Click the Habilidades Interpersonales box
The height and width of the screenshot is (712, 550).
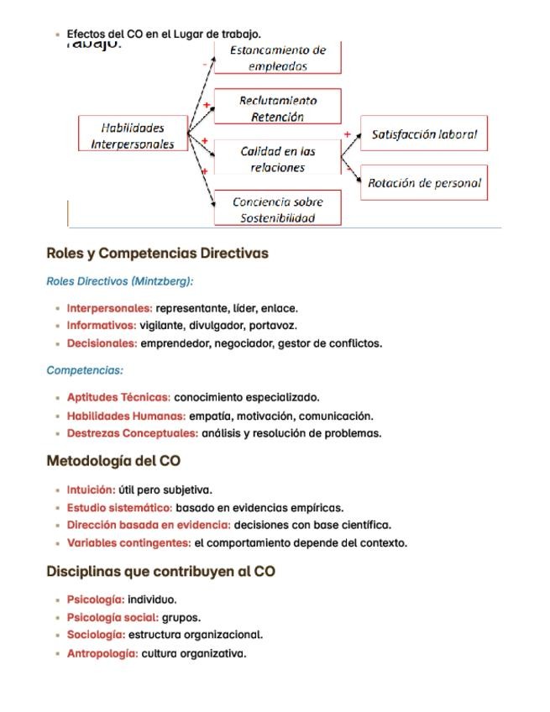click(x=133, y=136)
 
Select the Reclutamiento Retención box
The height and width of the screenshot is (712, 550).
click(x=278, y=108)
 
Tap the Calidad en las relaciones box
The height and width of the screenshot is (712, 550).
click(x=278, y=159)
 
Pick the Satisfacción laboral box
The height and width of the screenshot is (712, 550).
click(x=424, y=134)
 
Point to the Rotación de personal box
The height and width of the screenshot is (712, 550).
click(x=424, y=182)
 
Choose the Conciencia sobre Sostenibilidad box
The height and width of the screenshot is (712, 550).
click(x=278, y=209)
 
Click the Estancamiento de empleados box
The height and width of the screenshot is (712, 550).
click(x=278, y=59)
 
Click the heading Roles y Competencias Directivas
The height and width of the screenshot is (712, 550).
click(x=157, y=254)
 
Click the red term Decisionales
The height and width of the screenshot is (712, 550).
click(x=102, y=343)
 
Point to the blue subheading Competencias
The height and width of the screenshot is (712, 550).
click(x=85, y=370)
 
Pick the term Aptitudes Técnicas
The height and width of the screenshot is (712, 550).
click(x=118, y=398)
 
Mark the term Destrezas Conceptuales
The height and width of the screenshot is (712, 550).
click(x=133, y=434)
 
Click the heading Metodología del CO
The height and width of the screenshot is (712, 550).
click(x=113, y=461)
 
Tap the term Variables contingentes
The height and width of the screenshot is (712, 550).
click(x=128, y=543)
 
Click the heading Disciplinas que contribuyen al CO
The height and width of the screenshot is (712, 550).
click(x=160, y=572)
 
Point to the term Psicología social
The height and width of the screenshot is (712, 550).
click(x=113, y=618)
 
